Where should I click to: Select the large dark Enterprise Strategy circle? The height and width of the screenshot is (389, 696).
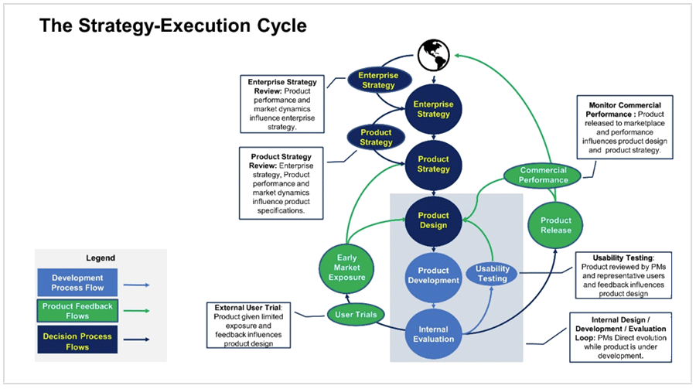click(433, 109)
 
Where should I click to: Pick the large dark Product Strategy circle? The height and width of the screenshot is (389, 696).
click(433, 164)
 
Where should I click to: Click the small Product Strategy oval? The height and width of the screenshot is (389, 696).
click(377, 138)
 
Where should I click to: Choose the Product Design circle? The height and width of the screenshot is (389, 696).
click(433, 220)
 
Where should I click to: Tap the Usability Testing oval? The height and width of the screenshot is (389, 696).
click(492, 274)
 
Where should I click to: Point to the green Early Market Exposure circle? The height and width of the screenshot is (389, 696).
click(343, 268)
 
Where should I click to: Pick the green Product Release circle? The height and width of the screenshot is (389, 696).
click(555, 225)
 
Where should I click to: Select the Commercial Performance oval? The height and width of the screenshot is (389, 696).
click(543, 176)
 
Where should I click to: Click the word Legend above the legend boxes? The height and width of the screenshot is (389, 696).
click(100, 258)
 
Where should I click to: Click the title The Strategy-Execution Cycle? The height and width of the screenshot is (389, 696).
click(173, 26)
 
